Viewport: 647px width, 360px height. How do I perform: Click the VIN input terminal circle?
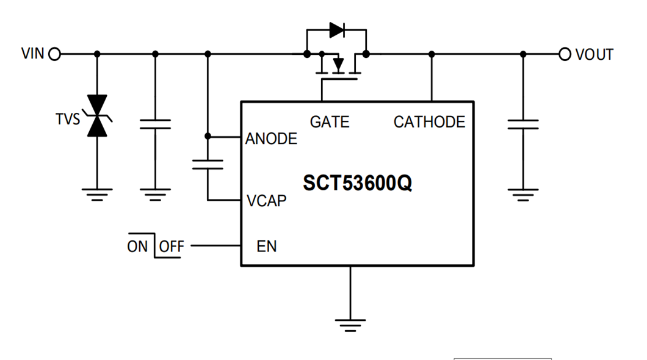[55, 54]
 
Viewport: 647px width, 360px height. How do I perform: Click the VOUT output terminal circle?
[565, 54]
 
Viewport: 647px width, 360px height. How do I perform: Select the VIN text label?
[33, 54]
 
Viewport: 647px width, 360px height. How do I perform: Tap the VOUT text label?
[594, 54]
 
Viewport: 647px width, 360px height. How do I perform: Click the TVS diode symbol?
[96, 116]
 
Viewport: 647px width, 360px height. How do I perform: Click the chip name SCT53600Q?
[357, 183]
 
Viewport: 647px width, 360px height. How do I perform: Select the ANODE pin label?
[271, 139]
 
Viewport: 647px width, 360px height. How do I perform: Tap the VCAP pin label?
[267, 200]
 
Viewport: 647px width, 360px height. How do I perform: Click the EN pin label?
[267, 247]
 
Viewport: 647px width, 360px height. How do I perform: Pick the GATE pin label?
[330, 122]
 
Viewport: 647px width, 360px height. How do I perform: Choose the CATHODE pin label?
[429, 122]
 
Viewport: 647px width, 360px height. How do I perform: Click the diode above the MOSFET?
[336, 30]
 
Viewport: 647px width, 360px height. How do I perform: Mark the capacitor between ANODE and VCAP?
[208, 164]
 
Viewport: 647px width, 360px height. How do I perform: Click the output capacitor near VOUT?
[522, 125]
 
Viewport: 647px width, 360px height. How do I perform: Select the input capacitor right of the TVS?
[155, 125]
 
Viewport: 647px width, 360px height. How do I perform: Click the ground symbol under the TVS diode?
[96, 194]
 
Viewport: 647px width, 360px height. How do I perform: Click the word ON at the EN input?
[138, 247]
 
